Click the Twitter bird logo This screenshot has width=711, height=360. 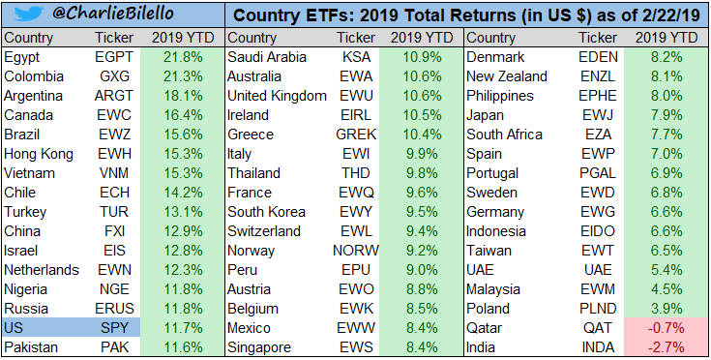click(29, 14)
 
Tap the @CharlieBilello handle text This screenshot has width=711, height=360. click(113, 14)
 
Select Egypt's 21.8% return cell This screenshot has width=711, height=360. click(183, 57)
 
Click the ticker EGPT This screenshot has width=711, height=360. click(114, 57)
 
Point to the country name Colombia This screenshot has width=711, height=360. click(34, 76)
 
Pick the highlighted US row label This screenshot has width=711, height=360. click(14, 328)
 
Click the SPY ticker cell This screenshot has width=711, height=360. click(114, 328)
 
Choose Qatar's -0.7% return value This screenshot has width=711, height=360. click(667, 328)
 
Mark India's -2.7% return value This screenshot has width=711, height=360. click(667, 347)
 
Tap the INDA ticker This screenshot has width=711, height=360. click(598, 347)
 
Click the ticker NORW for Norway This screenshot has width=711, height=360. click(356, 251)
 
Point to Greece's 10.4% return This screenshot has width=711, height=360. click(422, 135)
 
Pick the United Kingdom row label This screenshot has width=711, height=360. click(277, 96)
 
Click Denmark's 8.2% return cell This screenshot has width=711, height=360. click(667, 57)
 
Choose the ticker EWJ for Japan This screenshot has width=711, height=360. click(598, 115)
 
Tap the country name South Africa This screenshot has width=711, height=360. click(504, 135)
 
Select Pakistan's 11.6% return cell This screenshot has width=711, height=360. click(183, 347)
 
